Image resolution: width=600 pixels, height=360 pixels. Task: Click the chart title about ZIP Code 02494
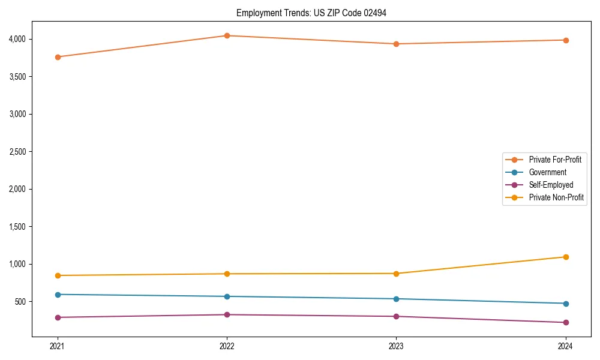[311, 13]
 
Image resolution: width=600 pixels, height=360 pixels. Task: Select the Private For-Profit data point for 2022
[227, 35]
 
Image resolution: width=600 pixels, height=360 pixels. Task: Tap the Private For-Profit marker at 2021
[58, 57]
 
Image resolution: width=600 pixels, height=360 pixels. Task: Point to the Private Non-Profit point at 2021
[58, 275]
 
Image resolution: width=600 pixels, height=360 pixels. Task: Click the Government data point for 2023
[396, 299]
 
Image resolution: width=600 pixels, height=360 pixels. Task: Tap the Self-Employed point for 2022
[227, 314]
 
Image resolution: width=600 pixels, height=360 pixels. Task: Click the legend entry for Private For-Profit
[555, 160]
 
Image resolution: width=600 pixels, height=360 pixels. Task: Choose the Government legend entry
[547, 172]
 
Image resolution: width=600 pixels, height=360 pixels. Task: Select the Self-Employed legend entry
[551, 185]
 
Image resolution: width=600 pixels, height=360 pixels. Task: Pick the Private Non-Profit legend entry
[556, 197]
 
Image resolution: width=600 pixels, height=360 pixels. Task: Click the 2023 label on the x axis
[396, 346]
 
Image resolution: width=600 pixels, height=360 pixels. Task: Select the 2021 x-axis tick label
[58, 346]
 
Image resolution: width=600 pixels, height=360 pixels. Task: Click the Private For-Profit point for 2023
[396, 44]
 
